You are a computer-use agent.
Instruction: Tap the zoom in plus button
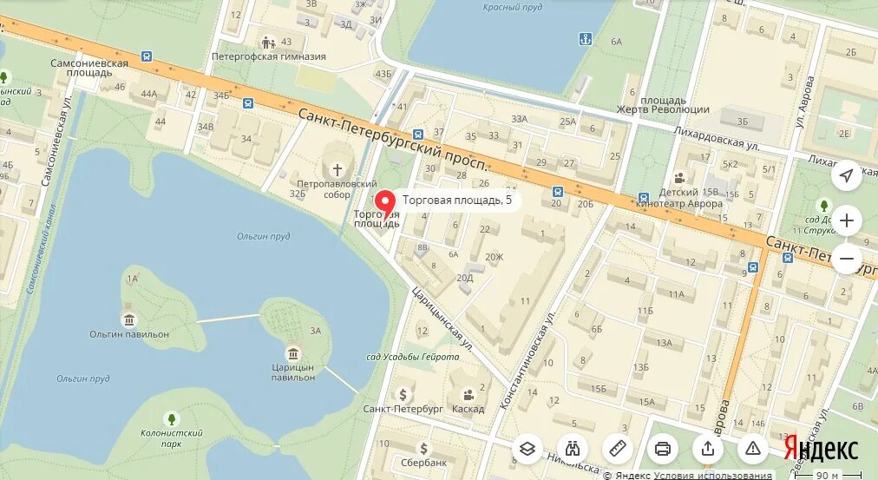847,220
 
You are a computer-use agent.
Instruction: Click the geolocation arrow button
847,176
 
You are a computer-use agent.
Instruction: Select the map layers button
527,448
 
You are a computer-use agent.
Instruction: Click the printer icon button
663,448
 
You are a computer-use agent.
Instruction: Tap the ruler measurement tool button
618,448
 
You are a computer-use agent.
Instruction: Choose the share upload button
708,448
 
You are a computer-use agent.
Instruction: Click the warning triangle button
753,448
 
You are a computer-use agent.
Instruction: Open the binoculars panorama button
573,448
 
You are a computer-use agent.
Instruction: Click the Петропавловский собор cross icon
337,169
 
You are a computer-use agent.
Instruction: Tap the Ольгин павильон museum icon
129,319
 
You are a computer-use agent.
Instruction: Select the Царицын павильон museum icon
293,353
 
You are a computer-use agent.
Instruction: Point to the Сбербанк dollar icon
423,448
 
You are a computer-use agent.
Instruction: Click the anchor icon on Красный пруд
585,38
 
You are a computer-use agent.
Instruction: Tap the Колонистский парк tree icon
171,418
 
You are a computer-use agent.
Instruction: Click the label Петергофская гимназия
269,57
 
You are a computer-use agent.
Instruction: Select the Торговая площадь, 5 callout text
457,201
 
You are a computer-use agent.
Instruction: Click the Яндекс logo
821,448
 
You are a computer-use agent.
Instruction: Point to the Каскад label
468,409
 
